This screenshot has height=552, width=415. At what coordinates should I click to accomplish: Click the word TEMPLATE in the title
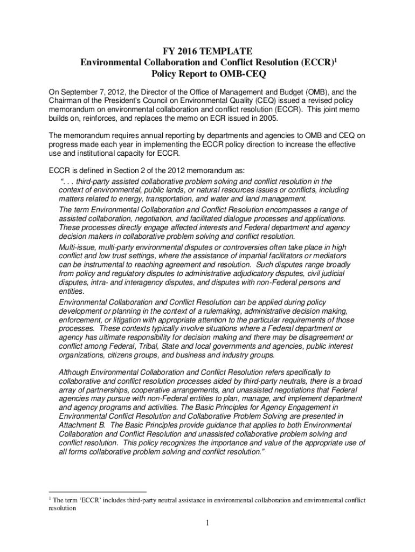(x=226, y=51)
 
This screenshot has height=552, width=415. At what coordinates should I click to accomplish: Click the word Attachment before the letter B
(x=79, y=425)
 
